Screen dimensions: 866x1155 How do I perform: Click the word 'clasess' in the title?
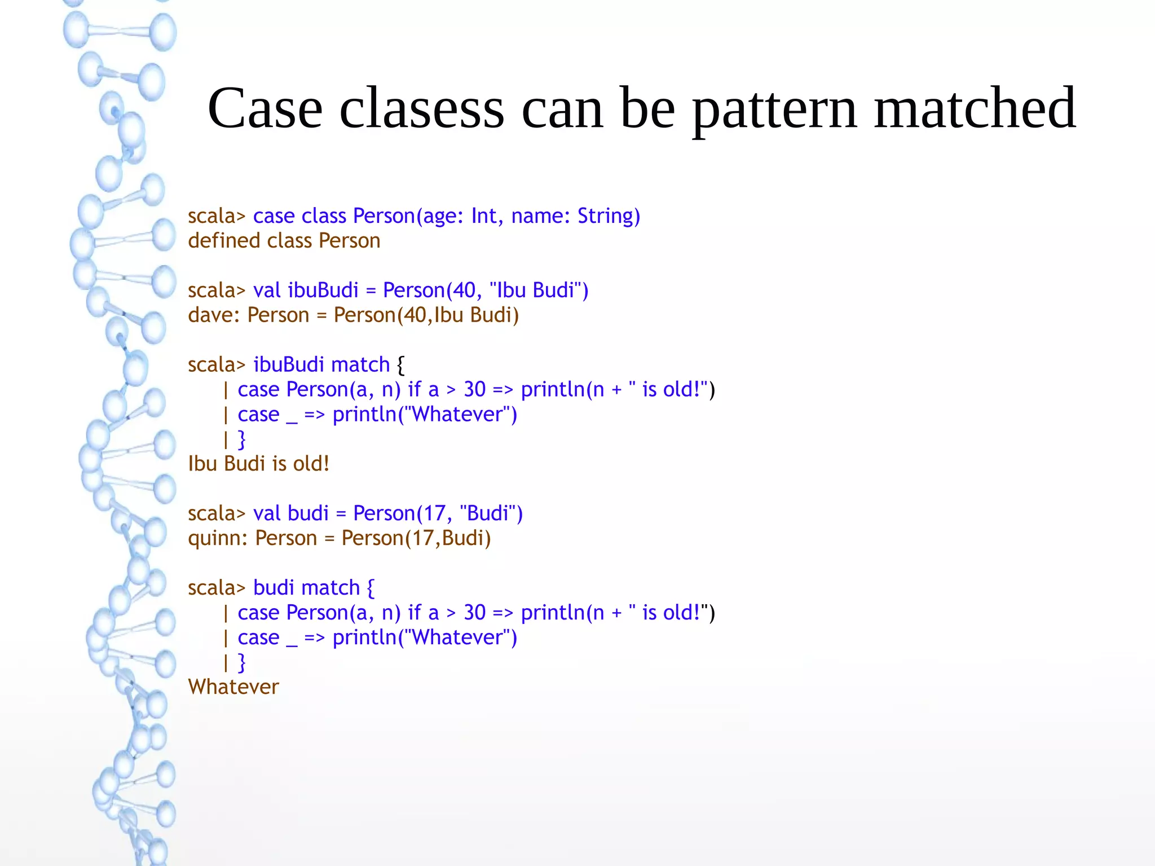[421, 108]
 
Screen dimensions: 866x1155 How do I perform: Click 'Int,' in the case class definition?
[487, 216]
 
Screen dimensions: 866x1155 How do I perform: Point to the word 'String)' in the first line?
[609, 216]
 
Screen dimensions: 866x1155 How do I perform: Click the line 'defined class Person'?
[284, 241]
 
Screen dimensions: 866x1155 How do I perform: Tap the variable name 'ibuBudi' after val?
[323, 290]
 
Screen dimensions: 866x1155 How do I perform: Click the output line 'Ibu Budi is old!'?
[258, 464]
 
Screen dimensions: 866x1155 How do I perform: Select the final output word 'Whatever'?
[233, 687]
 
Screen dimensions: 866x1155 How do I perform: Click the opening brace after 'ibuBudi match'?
[400, 365]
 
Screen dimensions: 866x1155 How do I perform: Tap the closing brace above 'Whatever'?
[241, 662]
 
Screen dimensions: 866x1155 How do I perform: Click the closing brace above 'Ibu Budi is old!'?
[241, 439]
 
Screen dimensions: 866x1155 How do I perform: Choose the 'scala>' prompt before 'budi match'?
[217, 588]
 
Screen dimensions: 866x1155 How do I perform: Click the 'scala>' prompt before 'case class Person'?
[217, 216]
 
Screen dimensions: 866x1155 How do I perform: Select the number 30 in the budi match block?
[474, 613]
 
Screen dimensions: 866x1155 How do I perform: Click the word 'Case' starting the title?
[265, 108]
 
